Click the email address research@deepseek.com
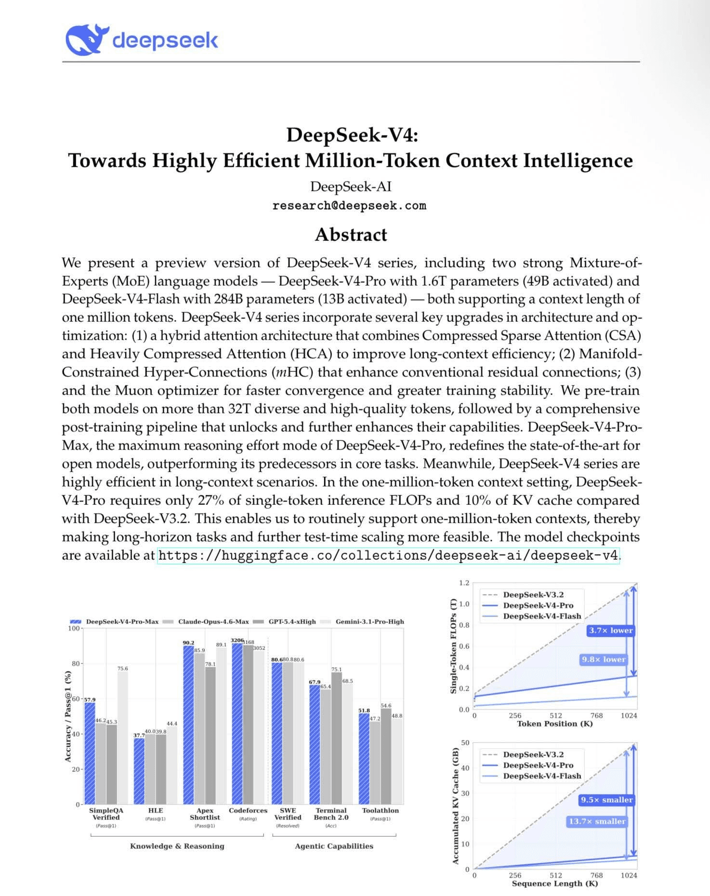pos(349,206)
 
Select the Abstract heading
pos(351,235)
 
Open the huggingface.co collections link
pos(388,555)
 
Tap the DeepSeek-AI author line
pos(351,186)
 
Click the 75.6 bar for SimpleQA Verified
pos(123,737)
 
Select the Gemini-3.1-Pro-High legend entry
pos(369,621)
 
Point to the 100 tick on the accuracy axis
pos(74,628)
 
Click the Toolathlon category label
pos(381,810)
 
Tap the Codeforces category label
pos(248,810)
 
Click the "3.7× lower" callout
pos(611,630)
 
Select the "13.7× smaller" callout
pos(597,821)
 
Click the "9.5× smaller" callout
pos(606,800)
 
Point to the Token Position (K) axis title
pos(554,724)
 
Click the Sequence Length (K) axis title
pos(554,883)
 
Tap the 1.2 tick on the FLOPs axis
pos(464,583)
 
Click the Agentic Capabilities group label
pos(334,846)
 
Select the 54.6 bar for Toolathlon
pos(386,756)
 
